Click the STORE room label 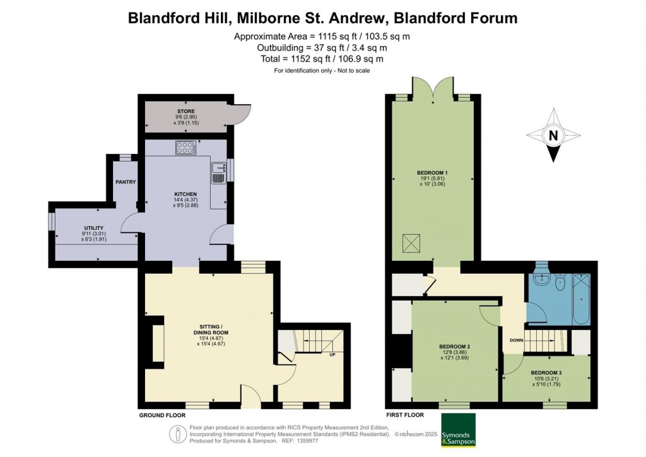[186, 111]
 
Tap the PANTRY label [126, 182]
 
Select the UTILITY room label [94, 228]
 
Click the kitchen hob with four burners [187, 148]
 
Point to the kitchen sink [218, 173]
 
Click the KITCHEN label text [186, 194]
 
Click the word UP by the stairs [332, 354]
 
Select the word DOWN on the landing [516, 340]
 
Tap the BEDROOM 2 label [455, 347]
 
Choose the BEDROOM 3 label [546, 372]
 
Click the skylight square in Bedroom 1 [411, 243]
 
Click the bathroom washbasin [539, 279]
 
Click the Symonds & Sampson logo [458, 430]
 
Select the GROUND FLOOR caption [162, 415]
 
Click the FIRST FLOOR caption [404, 415]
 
